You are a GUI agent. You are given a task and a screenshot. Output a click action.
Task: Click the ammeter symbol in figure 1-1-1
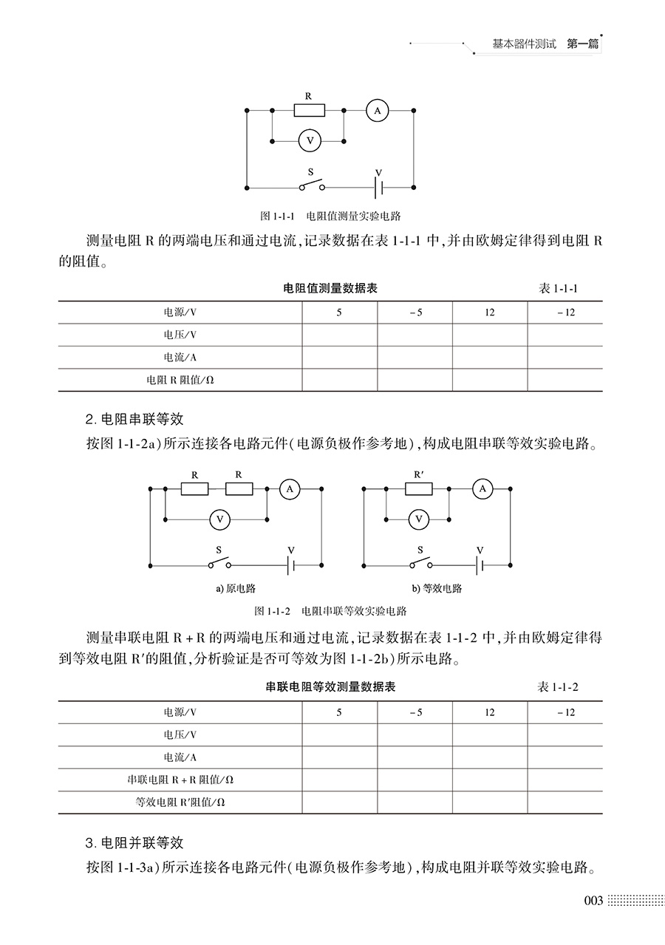(377, 110)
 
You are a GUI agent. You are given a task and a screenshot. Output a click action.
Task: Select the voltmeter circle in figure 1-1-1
(310, 139)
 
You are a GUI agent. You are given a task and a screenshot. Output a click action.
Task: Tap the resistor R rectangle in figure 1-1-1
(309, 110)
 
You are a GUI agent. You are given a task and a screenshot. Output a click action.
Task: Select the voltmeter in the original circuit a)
(218, 519)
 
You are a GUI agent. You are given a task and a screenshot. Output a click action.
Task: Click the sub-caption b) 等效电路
(437, 589)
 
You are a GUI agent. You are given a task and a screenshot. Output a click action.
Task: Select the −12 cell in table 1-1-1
(565, 313)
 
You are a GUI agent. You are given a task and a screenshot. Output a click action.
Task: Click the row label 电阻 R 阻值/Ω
(180, 381)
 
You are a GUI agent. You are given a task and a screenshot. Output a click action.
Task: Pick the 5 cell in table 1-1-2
(339, 713)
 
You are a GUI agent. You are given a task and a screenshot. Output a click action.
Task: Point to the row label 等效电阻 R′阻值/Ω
(180, 802)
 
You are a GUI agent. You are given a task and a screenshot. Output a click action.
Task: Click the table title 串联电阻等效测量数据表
(330, 687)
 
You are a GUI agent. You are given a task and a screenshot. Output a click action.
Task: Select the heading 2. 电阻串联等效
(134, 420)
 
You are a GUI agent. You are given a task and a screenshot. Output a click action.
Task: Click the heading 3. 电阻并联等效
(134, 843)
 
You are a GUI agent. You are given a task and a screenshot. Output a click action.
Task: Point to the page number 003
(593, 901)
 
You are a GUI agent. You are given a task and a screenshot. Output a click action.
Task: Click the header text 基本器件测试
(523, 44)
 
